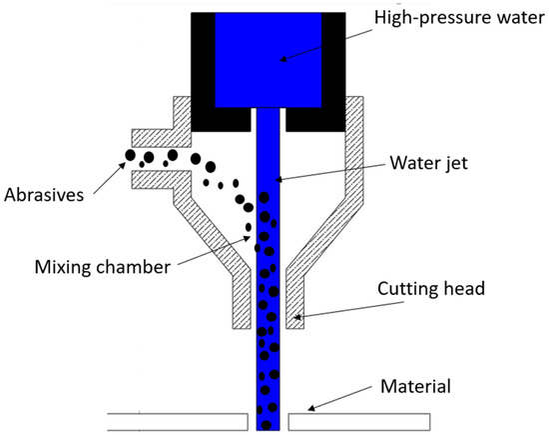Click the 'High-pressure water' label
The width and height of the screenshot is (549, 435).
pos(459,18)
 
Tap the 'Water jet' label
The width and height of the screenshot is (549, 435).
pos(429,163)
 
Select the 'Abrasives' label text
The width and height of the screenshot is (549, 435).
pos(44,195)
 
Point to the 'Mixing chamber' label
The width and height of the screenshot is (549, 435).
pos(103,267)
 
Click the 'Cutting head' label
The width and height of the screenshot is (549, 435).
pos(431,289)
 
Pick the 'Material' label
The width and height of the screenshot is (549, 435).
pos(415,386)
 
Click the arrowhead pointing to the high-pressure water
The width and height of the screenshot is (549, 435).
pos(282,59)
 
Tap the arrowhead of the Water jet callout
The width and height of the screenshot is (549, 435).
pos(278,180)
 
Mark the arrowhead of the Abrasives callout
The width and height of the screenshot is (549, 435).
pos(122,165)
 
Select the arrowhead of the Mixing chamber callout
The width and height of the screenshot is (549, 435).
pos(247,239)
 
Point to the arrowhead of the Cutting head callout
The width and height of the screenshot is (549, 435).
pos(296,317)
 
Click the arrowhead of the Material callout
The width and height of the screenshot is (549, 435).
pos(311,408)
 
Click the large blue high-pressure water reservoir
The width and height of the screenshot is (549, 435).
pos(269,60)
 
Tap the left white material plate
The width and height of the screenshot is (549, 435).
pos(178,422)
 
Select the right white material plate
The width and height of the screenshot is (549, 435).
pos(359,422)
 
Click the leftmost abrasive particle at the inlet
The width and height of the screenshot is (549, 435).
pos(130,155)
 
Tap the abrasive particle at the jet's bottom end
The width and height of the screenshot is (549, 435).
pos(267,425)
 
